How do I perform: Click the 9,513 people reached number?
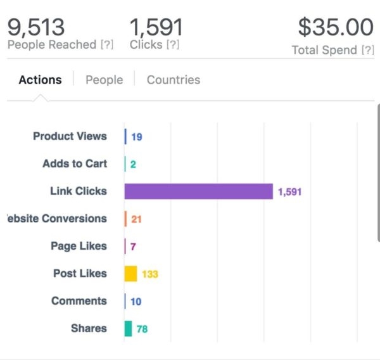(x=35, y=27)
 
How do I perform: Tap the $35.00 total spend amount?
(x=336, y=27)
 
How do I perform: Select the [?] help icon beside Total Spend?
(x=367, y=50)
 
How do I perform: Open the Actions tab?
(x=40, y=80)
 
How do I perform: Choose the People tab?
(x=104, y=80)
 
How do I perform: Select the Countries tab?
(x=173, y=80)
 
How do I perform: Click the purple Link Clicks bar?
(x=198, y=191)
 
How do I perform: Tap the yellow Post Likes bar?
(x=130, y=274)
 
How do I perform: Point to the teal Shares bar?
(x=128, y=328)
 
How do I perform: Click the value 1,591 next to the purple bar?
(x=289, y=192)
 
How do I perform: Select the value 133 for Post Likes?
(x=149, y=274)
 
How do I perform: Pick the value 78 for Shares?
(x=142, y=329)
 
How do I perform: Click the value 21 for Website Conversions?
(x=136, y=219)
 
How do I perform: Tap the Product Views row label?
(x=70, y=136)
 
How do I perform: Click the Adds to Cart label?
(x=74, y=164)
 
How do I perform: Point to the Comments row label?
(x=79, y=301)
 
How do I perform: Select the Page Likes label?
(x=79, y=246)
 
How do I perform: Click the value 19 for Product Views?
(x=136, y=137)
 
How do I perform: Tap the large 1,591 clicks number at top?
(x=156, y=27)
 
